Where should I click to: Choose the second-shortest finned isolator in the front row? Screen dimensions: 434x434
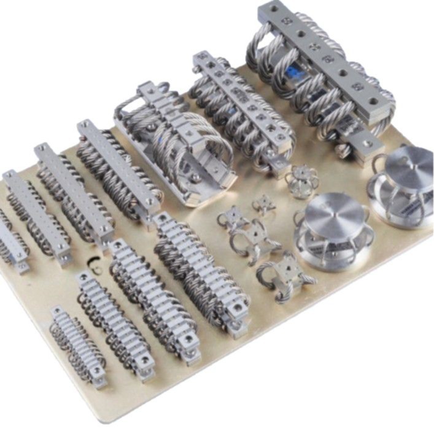114,325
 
